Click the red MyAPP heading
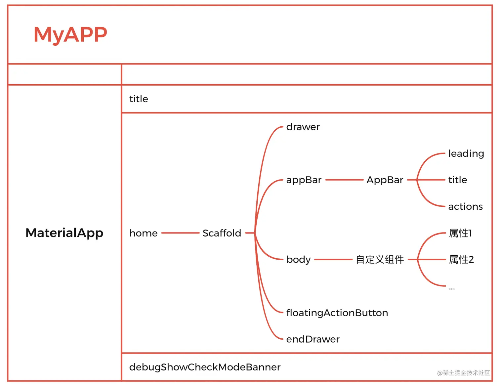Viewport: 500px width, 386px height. point(70,34)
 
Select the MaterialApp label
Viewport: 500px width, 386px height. point(64,233)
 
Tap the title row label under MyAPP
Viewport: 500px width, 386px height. point(139,99)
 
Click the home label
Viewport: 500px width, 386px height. point(144,233)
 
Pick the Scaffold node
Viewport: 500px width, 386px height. point(222,233)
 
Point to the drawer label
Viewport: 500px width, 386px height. point(303,127)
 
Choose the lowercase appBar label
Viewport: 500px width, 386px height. point(304,180)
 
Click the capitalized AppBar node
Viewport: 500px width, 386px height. point(385,180)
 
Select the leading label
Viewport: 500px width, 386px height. point(466,154)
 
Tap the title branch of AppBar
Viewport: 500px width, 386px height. point(458,180)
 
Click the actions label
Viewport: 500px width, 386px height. point(465,207)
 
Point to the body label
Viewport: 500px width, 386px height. point(299,260)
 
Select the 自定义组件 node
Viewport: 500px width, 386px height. point(380,260)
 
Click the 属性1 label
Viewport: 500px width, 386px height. point(460,233)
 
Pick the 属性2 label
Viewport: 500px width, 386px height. point(461,260)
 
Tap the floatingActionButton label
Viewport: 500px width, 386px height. point(337,313)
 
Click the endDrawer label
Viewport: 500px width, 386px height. point(313,339)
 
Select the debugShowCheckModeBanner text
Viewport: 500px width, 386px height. point(205,367)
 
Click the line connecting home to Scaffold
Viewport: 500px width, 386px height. point(180,233)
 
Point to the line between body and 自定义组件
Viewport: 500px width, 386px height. point(333,260)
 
